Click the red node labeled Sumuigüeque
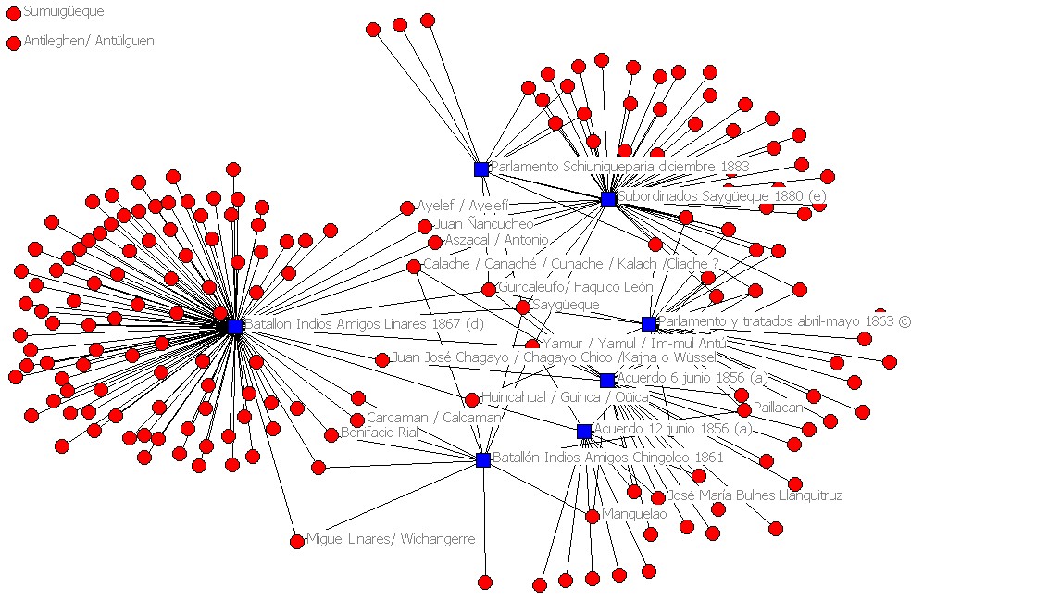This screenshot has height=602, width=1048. [x=14, y=13]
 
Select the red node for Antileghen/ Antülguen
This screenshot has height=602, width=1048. [x=14, y=43]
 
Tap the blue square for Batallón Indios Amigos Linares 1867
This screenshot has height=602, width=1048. [x=235, y=326]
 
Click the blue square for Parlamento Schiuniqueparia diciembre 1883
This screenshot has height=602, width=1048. [x=481, y=169]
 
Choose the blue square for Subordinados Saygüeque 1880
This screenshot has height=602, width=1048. [x=608, y=199]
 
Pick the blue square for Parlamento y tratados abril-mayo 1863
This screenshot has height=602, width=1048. [x=649, y=323]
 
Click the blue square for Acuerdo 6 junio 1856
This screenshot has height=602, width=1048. [x=607, y=380]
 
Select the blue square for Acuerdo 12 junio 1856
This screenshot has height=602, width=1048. [x=584, y=432]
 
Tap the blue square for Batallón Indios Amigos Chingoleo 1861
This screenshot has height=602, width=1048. [x=483, y=459]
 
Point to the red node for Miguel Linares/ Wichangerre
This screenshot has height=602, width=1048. [x=297, y=541]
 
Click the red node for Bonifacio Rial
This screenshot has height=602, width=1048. [x=331, y=434]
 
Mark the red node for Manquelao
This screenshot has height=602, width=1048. [x=593, y=516]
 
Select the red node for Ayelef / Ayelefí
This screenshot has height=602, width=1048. [x=407, y=207]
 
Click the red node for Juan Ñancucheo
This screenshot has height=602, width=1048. [x=425, y=226]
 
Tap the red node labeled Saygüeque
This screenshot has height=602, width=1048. [x=523, y=307]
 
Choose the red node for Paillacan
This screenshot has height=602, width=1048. [x=744, y=409]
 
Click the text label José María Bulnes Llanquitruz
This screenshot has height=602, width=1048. [x=755, y=495]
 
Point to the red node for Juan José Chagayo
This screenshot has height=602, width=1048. [x=382, y=359]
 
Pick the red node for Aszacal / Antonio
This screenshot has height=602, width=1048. [x=435, y=242]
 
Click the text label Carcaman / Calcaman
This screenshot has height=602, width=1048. [x=433, y=418]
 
